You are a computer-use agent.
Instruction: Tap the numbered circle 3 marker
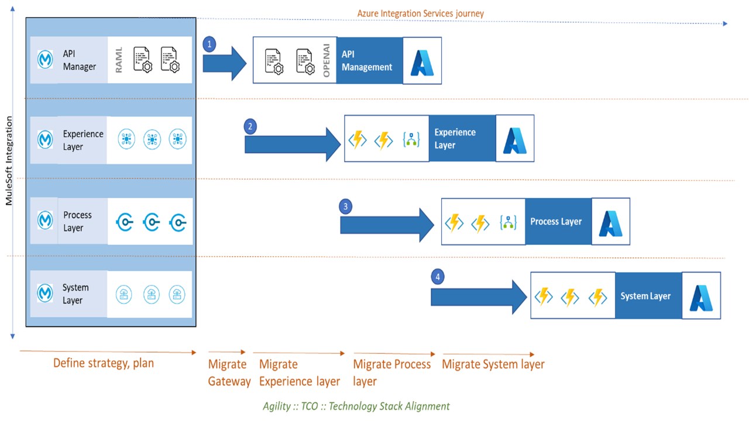pyautogui.click(x=346, y=206)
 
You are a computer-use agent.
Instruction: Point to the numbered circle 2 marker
pyautogui.click(x=251, y=126)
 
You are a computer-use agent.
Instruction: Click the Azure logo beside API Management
pyautogui.click(x=422, y=61)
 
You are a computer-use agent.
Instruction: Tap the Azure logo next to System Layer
pyautogui.click(x=701, y=296)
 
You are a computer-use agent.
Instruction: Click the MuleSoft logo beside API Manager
pyautogui.click(x=45, y=60)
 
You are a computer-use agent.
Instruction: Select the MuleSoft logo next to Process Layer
pyautogui.click(x=45, y=220)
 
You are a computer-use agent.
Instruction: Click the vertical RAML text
pyautogui.click(x=119, y=60)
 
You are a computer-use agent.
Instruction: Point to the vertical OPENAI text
pyautogui.click(x=327, y=60)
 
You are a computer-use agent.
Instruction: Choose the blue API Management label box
pyautogui.click(x=369, y=61)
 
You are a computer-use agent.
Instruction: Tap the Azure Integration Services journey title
pyautogui.click(x=420, y=13)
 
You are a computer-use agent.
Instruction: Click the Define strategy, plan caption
pyautogui.click(x=104, y=363)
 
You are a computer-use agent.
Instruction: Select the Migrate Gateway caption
pyautogui.click(x=229, y=373)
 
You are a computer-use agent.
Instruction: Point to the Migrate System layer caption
pyautogui.click(x=493, y=364)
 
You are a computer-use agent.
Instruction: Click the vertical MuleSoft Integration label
pyautogui.click(x=9, y=161)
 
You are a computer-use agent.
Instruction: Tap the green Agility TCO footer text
pyautogui.click(x=356, y=406)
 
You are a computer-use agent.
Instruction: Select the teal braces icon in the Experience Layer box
pyautogui.click(x=412, y=140)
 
